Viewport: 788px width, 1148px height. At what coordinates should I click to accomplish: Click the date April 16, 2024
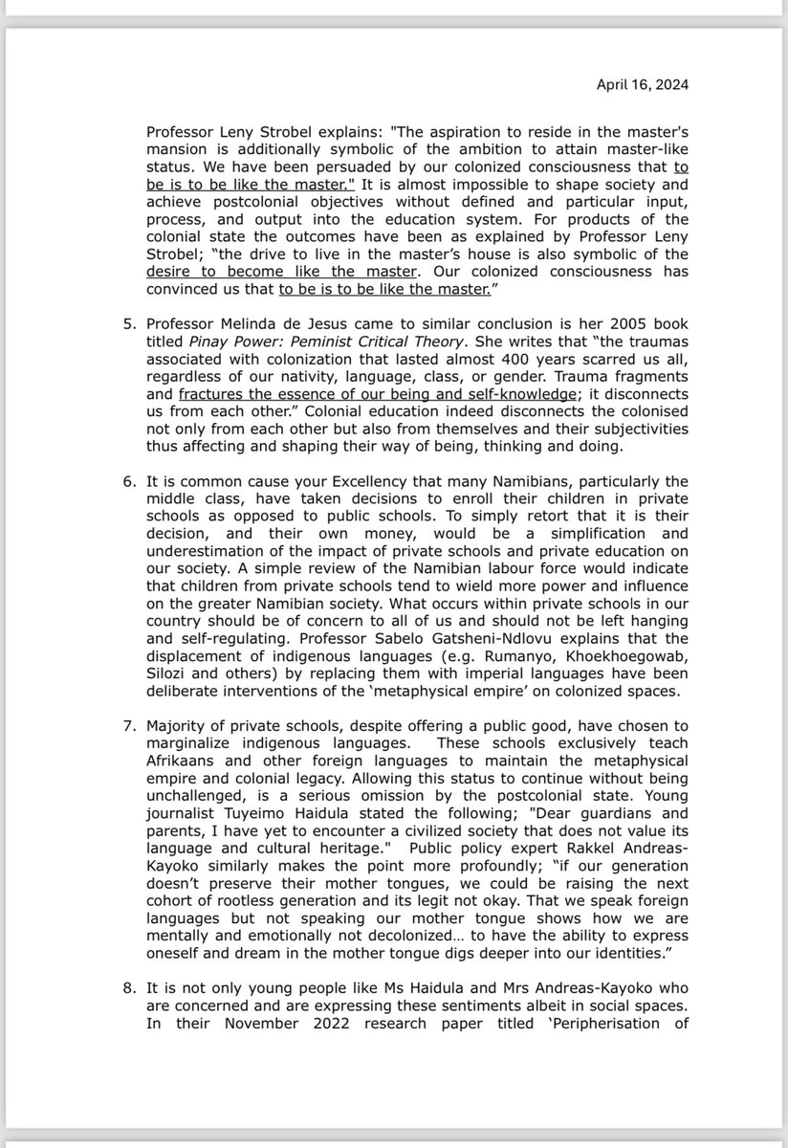642,84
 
